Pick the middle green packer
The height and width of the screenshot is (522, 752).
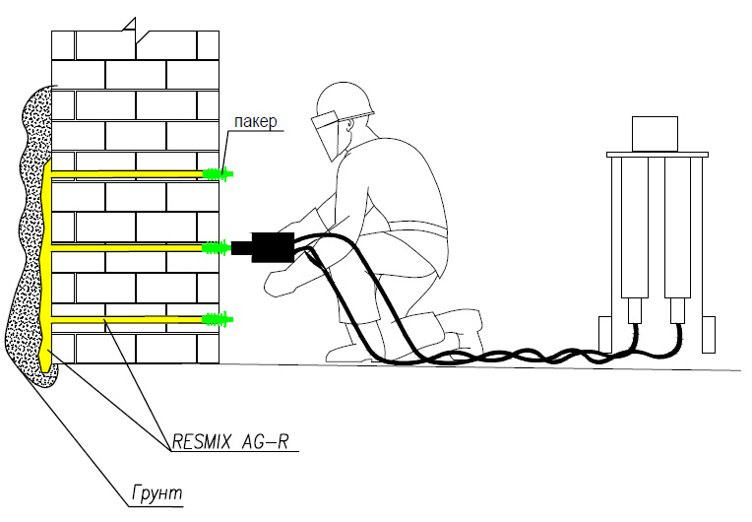[216, 246]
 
